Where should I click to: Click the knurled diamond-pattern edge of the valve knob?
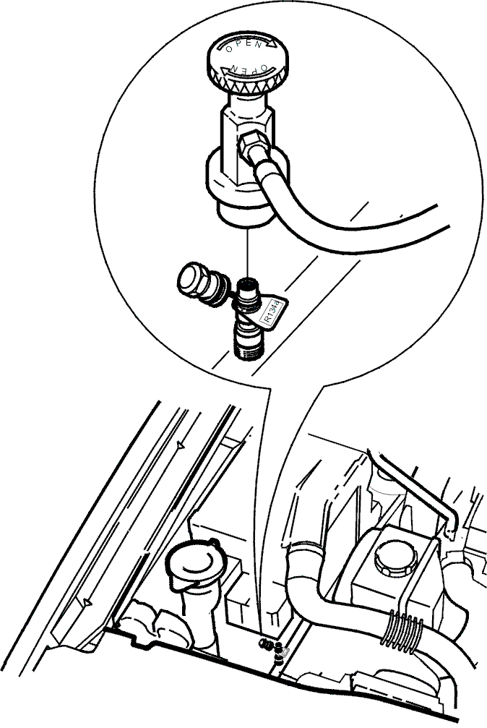point(246,84)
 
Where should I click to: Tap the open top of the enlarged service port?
point(247,283)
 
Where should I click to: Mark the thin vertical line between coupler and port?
point(247,253)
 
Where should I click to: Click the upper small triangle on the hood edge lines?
point(181,446)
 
